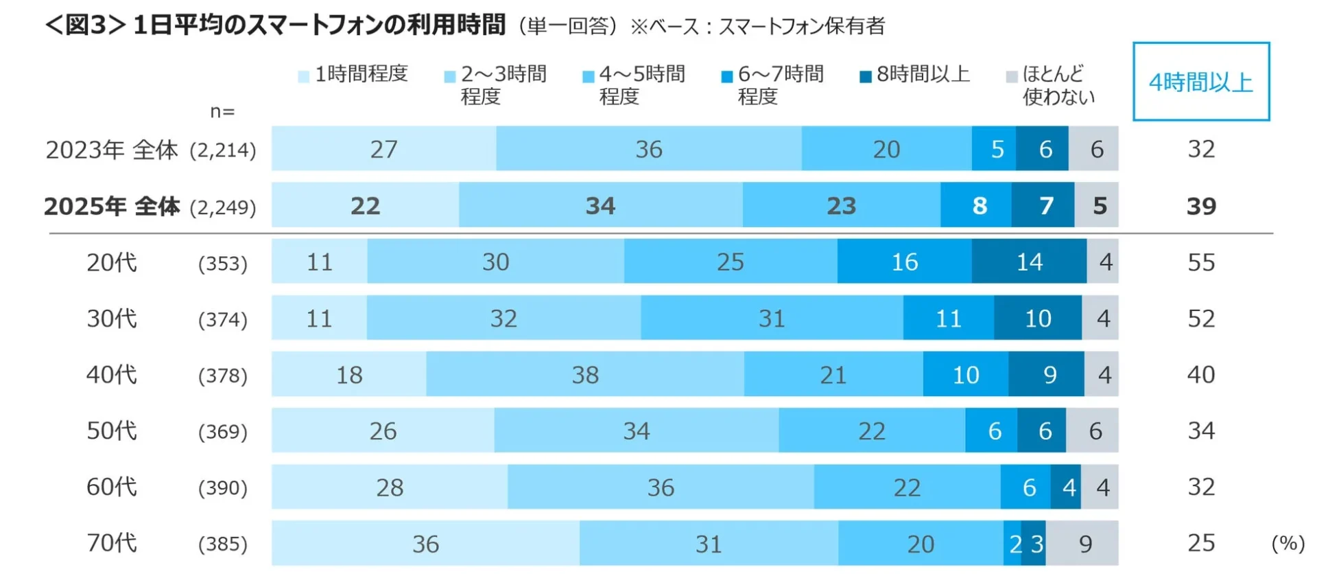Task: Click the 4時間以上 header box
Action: point(1200,82)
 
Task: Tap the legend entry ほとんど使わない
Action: point(1050,84)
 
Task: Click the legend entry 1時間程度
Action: point(353,74)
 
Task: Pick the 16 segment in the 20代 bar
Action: point(904,262)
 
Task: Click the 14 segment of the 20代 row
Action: point(1029,262)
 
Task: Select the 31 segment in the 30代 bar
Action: point(772,318)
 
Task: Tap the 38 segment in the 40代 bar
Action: point(585,374)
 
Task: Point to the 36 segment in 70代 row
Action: point(425,544)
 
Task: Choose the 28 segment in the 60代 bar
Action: point(389,487)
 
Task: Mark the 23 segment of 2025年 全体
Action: point(841,205)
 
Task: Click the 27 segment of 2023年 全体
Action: point(383,149)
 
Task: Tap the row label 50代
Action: point(112,430)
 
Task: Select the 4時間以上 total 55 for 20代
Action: point(1201,262)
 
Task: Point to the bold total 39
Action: point(1201,206)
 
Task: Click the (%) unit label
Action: point(1288,543)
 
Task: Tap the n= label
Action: point(222,111)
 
